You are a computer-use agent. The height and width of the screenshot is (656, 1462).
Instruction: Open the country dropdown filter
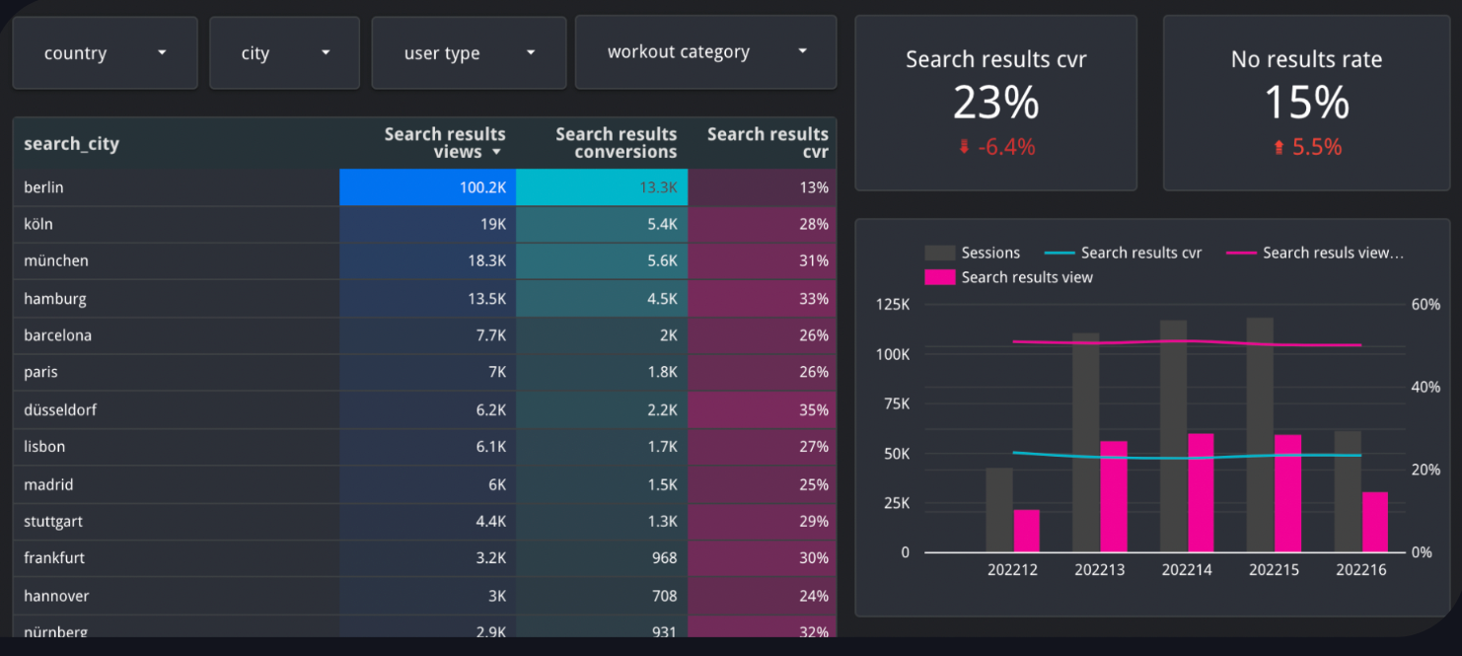(105, 53)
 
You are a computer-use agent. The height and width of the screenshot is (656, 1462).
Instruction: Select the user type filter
(469, 53)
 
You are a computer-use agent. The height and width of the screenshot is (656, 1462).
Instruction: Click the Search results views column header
(444, 143)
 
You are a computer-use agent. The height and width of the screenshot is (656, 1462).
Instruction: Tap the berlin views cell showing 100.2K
(427, 187)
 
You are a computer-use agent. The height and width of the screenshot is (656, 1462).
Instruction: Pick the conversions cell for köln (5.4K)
(602, 224)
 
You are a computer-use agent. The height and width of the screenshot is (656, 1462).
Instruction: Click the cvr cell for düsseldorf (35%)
(763, 409)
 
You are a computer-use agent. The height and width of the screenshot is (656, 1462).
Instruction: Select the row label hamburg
(56, 298)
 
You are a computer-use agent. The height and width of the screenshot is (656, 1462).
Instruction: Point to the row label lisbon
(44, 447)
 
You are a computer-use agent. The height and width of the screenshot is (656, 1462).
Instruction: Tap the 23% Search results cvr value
(995, 103)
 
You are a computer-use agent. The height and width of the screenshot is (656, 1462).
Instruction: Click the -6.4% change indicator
(996, 147)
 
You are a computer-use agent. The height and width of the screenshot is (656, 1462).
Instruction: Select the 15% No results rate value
(1306, 103)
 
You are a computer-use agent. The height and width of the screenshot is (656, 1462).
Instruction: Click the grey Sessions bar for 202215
(1260, 434)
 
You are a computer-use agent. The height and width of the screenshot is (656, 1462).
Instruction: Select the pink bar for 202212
(1027, 531)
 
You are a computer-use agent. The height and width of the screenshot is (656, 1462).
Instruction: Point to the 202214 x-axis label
(1187, 570)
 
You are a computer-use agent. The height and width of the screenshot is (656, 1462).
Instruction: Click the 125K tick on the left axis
(892, 305)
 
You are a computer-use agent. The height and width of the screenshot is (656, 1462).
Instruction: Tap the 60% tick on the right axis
(1425, 305)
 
